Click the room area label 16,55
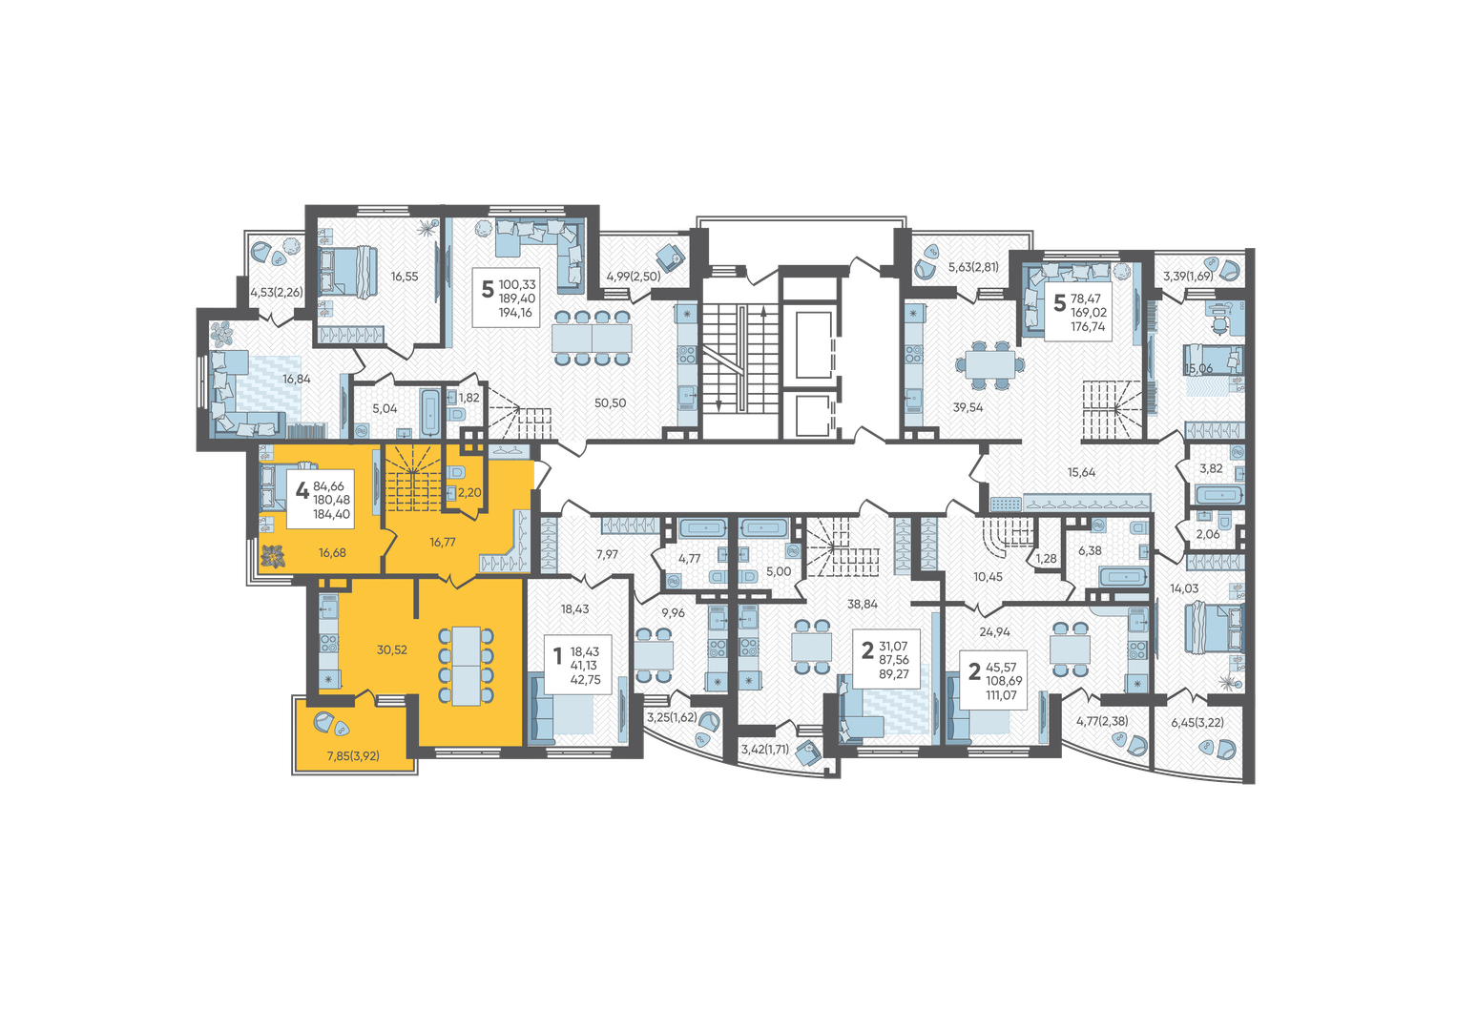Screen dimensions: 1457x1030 (404, 277)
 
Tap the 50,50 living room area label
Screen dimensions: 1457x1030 (610, 403)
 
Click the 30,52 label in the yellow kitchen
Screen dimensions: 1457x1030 (391, 649)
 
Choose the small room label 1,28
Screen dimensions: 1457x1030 (1046, 559)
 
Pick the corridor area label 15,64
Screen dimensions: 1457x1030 (1081, 473)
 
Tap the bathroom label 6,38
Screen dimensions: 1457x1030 (1090, 551)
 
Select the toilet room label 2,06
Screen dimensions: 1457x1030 (1208, 534)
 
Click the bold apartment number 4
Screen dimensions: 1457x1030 (302, 490)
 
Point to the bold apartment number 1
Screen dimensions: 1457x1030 (557, 656)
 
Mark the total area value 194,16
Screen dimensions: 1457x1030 (516, 313)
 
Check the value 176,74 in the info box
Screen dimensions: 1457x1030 (1088, 327)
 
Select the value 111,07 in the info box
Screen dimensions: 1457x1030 (1002, 695)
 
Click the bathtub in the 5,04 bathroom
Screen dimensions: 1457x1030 (430, 412)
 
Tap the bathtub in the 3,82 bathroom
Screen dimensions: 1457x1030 (1219, 496)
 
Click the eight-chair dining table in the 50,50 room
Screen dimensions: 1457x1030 (592, 338)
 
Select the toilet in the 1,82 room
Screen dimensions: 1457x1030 (456, 414)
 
